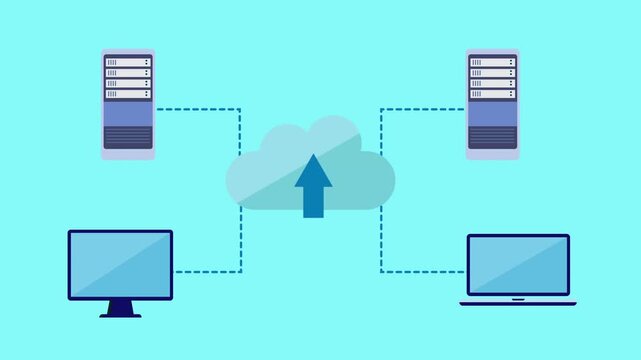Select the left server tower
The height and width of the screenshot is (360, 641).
point(128,105)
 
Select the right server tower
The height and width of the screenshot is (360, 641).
point(492,105)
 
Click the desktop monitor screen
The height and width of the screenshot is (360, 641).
point(120,264)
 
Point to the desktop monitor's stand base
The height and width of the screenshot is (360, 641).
point(120,314)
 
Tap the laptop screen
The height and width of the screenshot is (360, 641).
point(518,266)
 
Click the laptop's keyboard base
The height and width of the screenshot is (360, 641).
point(518,301)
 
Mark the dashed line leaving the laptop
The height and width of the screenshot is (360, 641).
point(420,270)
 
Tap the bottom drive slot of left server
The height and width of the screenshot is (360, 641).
point(128,94)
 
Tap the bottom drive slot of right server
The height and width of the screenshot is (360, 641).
point(492,94)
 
